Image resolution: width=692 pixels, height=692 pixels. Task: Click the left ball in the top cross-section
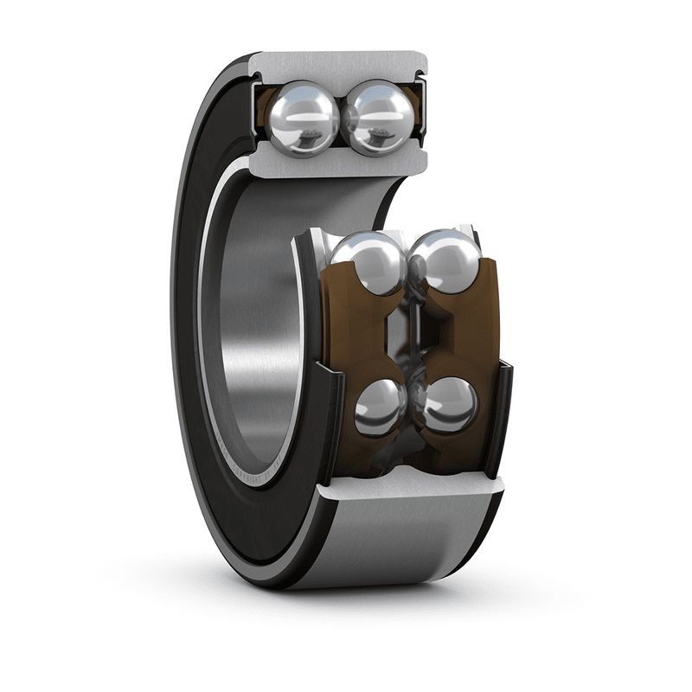click(x=303, y=115)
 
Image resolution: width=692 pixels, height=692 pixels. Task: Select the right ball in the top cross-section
click(x=378, y=115)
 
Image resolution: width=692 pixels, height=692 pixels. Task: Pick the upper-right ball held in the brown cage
click(x=444, y=261)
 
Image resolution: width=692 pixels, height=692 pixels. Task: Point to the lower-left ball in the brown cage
click(x=380, y=407)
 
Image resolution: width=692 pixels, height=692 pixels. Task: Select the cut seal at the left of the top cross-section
click(x=257, y=112)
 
